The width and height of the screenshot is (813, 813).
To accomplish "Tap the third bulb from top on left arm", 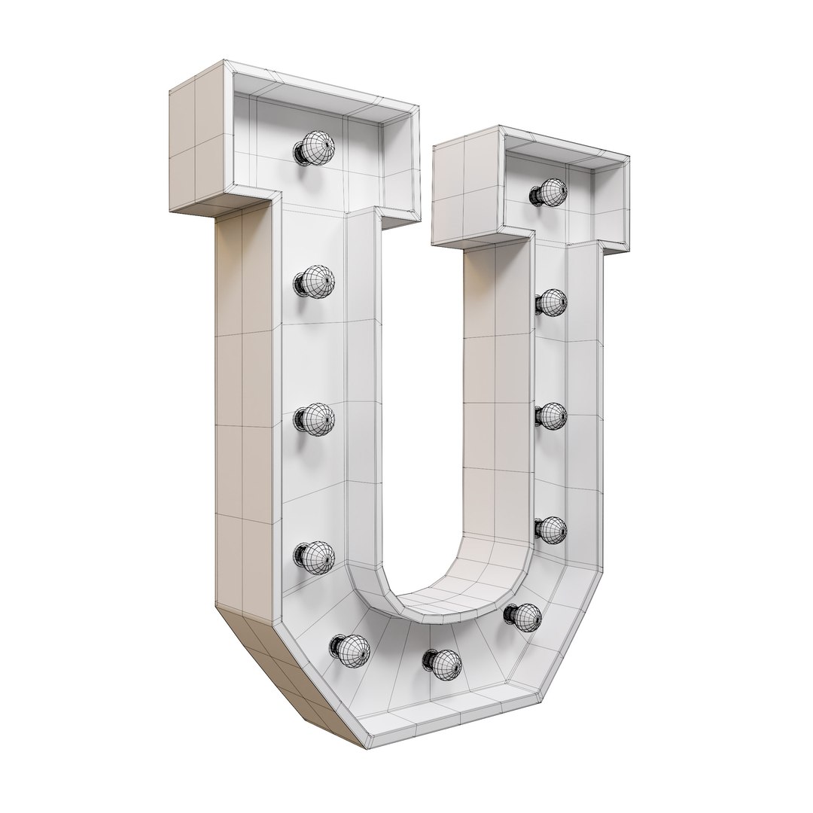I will click(x=314, y=419).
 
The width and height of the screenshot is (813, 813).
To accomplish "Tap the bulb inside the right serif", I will click(x=551, y=193).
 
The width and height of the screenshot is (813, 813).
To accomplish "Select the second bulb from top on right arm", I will click(x=552, y=302).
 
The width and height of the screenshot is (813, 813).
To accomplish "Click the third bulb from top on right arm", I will click(x=552, y=415).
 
